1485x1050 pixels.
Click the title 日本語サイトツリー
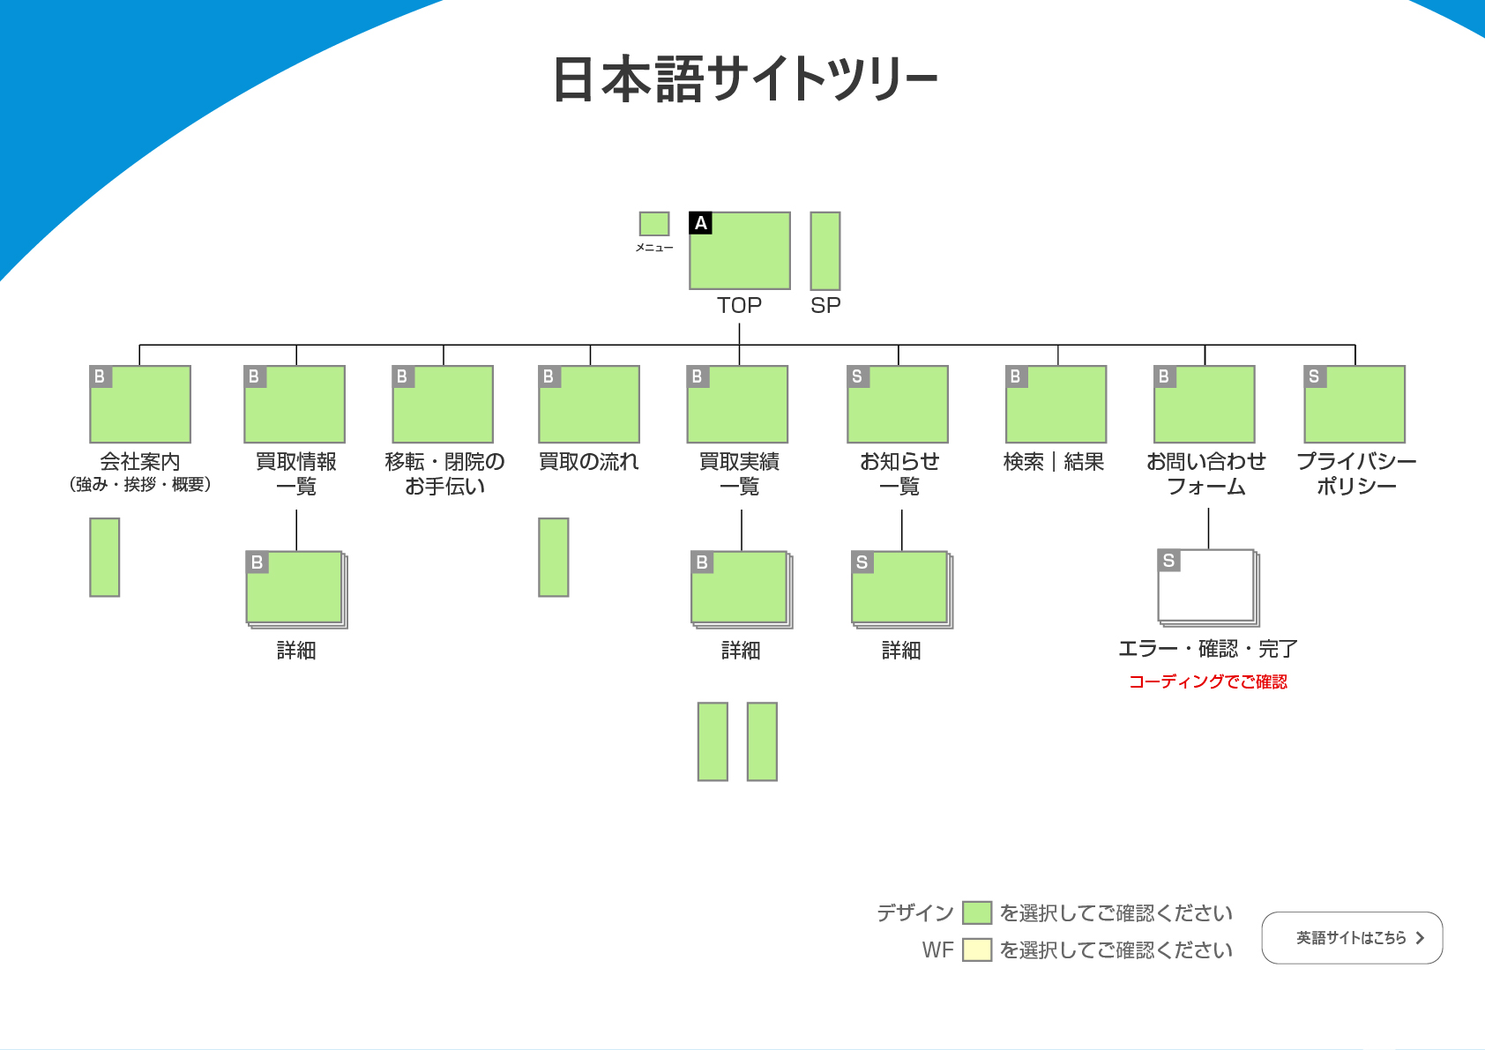click(x=745, y=79)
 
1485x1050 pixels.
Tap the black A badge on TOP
click(x=701, y=223)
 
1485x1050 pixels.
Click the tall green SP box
click(x=825, y=250)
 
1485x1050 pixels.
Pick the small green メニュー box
click(x=654, y=224)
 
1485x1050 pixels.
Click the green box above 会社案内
click(x=140, y=406)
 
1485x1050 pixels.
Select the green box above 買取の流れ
click(x=589, y=406)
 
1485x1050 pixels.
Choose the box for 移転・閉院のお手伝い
click(x=443, y=406)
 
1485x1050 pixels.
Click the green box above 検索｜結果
click(x=1056, y=406)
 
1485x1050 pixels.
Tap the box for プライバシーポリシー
click(x=1354, y=406)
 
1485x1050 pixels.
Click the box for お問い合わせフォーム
click(x=1205, y=406)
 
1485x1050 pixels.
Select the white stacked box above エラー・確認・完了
click(x=1206, y=586)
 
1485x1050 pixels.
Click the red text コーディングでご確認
click(x=1208, y=681)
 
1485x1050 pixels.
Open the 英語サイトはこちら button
click(x=1352, y=938)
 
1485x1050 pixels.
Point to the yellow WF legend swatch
click(x=977, y=949)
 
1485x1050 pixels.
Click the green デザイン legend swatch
click(x=977, y=912)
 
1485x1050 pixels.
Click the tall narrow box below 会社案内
click(x=105, y=557)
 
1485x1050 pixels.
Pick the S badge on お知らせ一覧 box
click(x=857, y=376)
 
